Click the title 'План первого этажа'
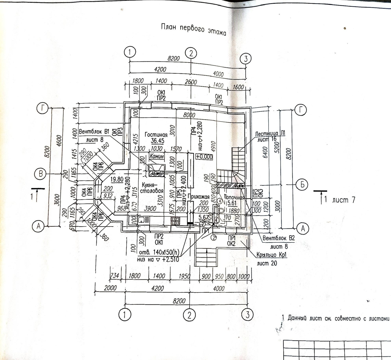tap(194, 29)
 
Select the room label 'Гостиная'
tap(156, 135)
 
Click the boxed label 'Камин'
tap(157, 156)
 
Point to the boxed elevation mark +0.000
tap(204, 157)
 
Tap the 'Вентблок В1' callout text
tap(94, 131)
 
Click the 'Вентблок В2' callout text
tap(279, 239)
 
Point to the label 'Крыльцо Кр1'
tap(272, 255)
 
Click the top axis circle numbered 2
tap(191, 53)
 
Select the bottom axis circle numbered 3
tap(247, 315)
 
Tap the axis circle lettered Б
tap(302, 184)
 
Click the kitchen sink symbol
tap(142, 220)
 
